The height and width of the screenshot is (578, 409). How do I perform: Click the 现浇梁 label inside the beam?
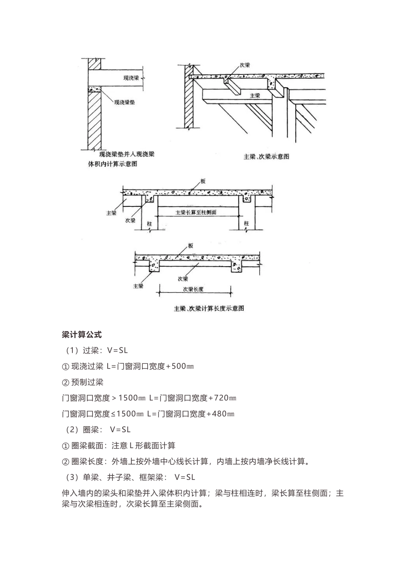[x=131, y=78]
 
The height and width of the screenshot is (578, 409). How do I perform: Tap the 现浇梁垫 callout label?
[x=124, y=102]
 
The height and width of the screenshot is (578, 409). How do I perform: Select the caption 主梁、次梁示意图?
[x=266, y=157]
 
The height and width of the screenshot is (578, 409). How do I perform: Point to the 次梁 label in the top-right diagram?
[x=245, y=65]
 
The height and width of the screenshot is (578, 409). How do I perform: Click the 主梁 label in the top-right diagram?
[x=255, y=95]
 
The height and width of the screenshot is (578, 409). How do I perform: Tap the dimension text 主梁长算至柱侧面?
[x=196, y=212]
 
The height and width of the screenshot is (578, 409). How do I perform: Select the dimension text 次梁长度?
[x=193, y=289]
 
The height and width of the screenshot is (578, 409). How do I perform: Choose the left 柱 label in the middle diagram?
[x=149, y=224]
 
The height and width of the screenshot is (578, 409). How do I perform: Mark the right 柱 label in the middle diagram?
[x=247, y=224]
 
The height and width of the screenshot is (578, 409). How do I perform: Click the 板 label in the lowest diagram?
[x=190, y=246]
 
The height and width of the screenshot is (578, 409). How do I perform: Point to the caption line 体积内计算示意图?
[x=112, y=164]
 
